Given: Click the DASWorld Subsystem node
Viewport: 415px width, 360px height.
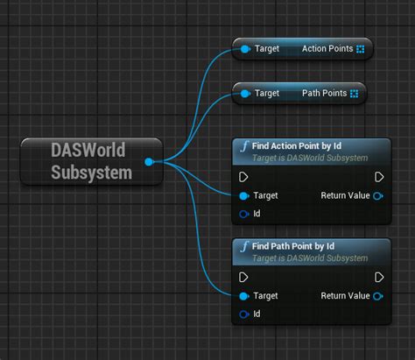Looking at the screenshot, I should tap(90, 161).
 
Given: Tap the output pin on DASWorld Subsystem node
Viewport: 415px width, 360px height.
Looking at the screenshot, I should tap(149, 161).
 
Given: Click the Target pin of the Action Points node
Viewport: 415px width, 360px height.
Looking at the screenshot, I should tap(245, 49).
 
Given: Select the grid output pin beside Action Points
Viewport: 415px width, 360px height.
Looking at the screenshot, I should tap(361, 49).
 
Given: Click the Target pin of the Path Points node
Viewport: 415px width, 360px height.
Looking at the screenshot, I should tap(245, 93).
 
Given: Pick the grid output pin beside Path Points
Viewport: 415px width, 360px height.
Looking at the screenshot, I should tap(354, 93).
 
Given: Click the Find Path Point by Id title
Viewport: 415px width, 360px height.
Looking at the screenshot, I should tap(294, 246).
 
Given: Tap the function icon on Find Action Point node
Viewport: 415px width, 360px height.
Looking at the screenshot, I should tap(244, 147).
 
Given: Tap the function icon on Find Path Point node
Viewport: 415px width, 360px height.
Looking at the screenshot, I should tap(244, 248).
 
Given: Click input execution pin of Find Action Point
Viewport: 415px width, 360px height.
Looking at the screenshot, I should tap(244, 176).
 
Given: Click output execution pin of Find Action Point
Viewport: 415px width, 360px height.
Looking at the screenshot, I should tap(378, 176).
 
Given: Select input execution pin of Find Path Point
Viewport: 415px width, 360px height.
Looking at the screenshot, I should tap(244, 277).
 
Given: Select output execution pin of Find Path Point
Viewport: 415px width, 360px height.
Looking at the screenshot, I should tap(378, 277).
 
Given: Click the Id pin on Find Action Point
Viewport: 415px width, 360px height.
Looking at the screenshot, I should tap(244, 213).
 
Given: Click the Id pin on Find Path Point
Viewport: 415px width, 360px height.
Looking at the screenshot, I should tap(244, 314).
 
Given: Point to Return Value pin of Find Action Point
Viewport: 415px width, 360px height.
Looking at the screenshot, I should tap(377, 195).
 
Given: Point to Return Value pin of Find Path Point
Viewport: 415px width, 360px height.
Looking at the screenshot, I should tap(377, 296).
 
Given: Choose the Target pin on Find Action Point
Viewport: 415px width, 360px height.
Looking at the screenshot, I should tap(244, 195).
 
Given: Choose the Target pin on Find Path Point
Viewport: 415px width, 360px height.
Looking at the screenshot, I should tap(244, 296).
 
